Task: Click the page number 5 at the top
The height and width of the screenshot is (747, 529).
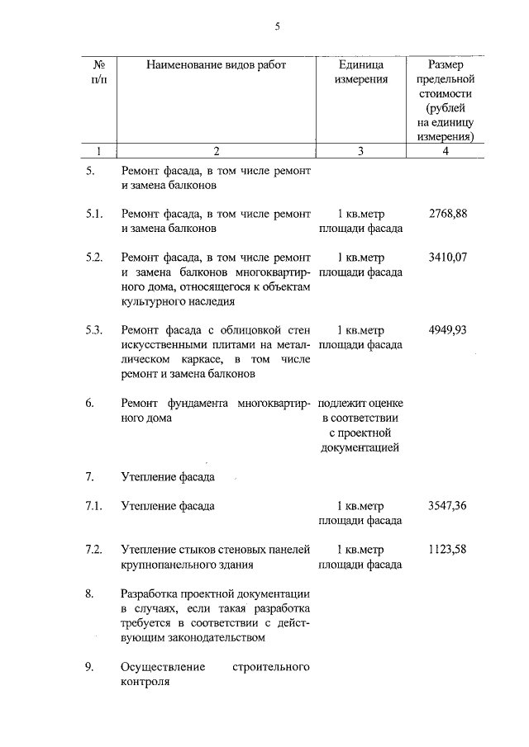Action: coord(278,26)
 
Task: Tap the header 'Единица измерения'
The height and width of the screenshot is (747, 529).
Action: coord(361,73)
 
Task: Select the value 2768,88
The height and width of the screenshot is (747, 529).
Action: coord(449,214)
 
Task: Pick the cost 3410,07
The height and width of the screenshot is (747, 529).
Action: coord(449,258)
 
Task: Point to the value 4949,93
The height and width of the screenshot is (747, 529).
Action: coord(449,330)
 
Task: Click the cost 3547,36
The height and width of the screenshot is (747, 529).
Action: coord(449,506)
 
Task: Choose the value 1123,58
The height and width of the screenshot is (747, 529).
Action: coord(449,550)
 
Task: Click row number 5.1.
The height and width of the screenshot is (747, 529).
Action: coord(93,214)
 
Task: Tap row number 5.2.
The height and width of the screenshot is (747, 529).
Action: coord(93,258)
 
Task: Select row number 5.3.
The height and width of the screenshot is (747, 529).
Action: coord(93,330)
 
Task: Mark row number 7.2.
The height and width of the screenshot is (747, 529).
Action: coord(93,550)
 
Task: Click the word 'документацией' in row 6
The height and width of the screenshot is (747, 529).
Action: coord(361,448)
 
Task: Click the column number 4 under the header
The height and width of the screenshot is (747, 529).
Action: coord(446,151)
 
